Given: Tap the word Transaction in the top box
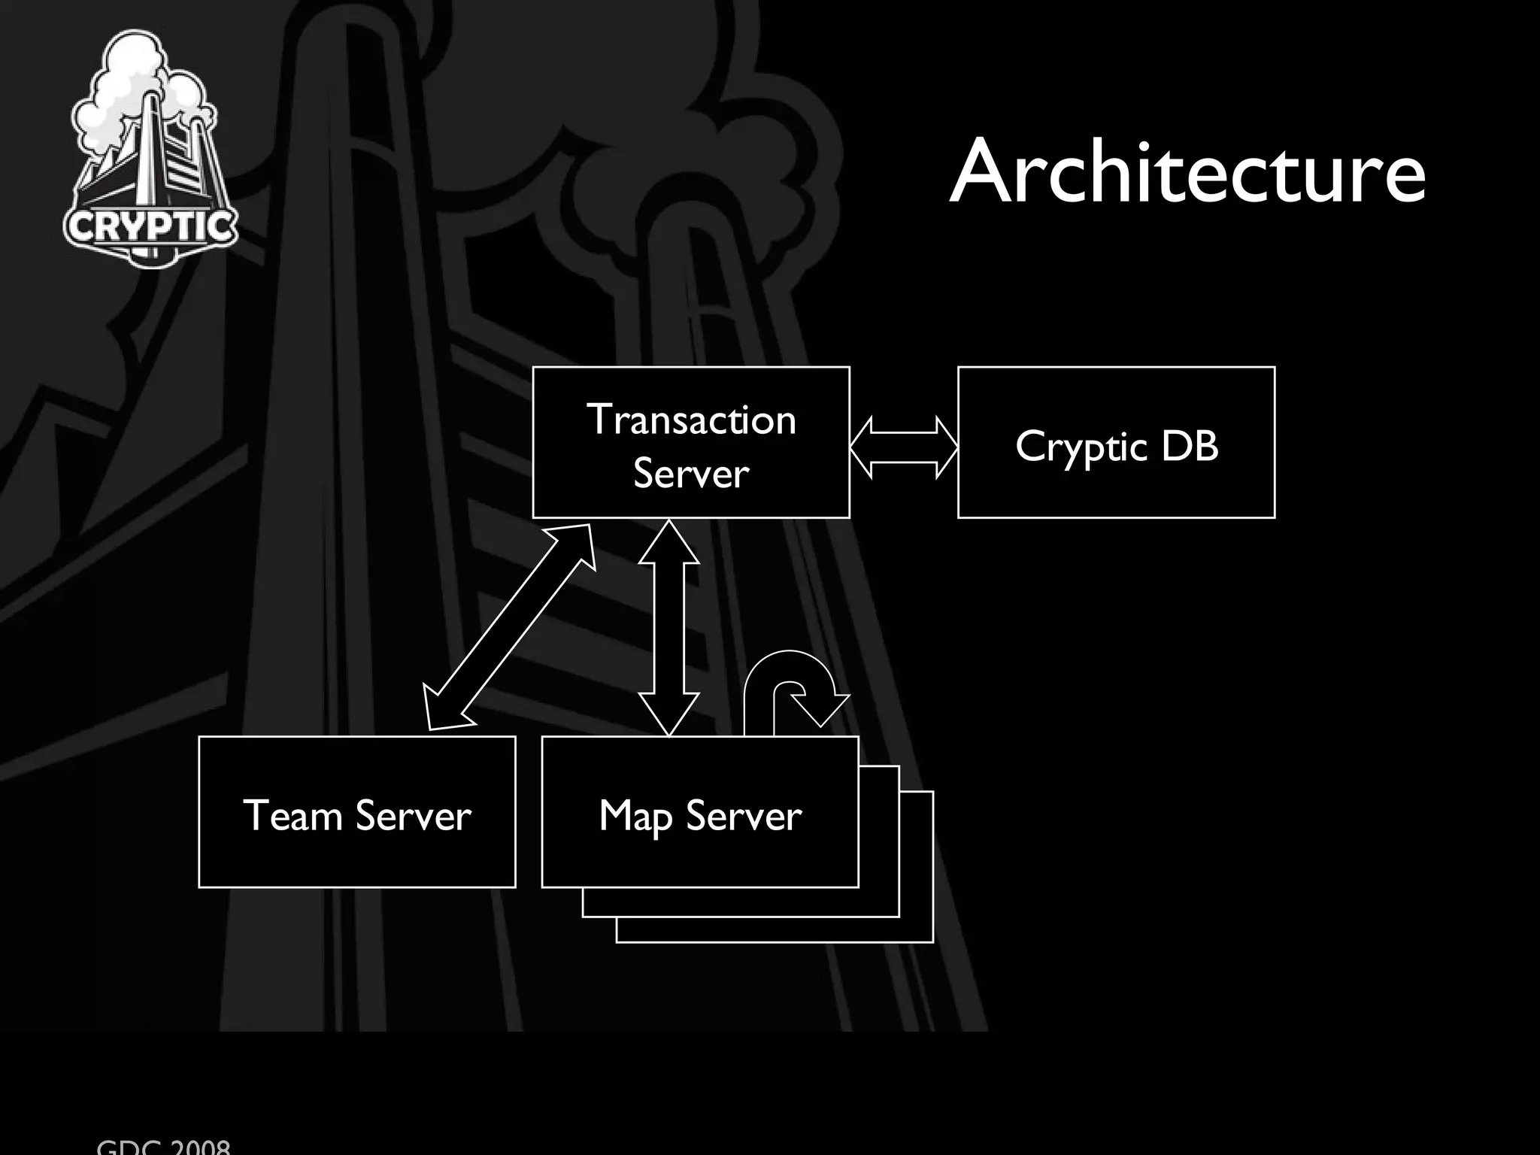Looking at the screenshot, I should (x=691, y=419).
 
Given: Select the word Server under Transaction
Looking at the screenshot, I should (x=691, y=473).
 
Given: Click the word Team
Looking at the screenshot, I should (x=292, y=816).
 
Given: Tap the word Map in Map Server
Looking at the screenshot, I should (x=635, y=816).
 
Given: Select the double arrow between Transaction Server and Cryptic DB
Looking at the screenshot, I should (x=903, y=447).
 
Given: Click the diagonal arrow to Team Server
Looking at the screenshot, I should (x=509, y=627).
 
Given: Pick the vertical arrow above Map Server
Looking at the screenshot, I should (x=668, y=628).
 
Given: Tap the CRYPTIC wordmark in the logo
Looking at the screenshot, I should (x=150, y=226).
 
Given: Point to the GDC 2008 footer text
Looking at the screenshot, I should (x=163, y=1147).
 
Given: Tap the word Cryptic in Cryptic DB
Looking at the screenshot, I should (x=1081, y=447).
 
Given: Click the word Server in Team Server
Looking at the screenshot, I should (x=413, y=816).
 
